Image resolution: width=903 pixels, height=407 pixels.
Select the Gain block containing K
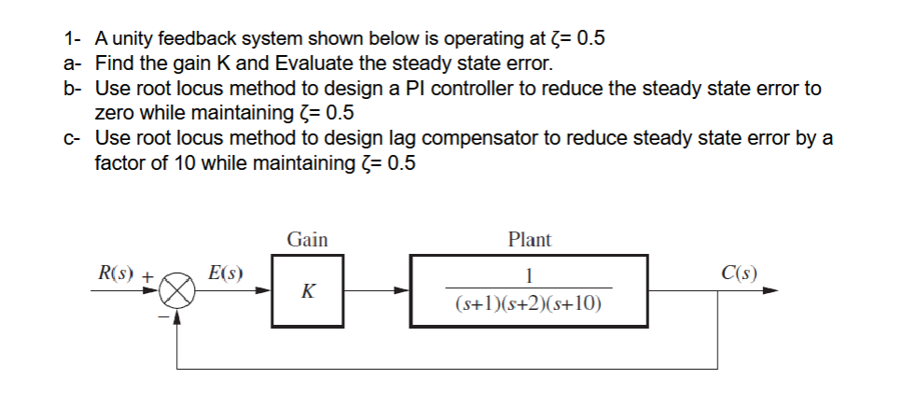point(307,291)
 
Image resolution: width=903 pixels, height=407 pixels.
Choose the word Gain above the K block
point(307,240)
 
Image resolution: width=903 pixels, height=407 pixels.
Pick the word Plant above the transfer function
point(529,240)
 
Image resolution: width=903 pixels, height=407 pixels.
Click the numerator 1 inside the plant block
point(529,275)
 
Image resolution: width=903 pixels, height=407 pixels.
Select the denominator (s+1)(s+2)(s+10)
point(529,304)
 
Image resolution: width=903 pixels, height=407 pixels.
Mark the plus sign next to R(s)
point(146,276)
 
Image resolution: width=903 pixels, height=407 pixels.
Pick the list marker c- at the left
point(73,138)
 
